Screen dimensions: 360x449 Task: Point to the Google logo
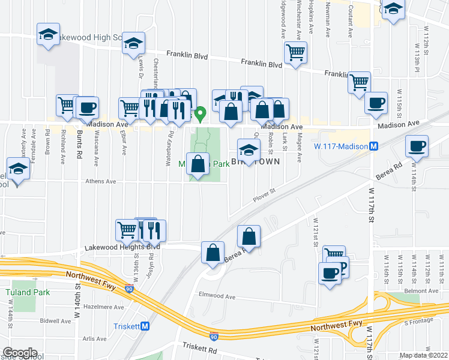[x=20, y=353]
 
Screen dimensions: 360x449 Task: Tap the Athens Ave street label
[x=84, y=181]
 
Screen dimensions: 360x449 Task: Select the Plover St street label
[x=264, y=194]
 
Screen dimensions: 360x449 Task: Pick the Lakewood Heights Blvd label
[x=122, y=247]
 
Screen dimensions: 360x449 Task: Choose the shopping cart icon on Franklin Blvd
[x=295, y=52]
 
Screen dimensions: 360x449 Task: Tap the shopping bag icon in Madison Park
[x=198, y=163]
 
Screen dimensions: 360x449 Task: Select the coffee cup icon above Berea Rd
[x=416, y=145]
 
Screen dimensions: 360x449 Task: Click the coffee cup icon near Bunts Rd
[x=87, y=107]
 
